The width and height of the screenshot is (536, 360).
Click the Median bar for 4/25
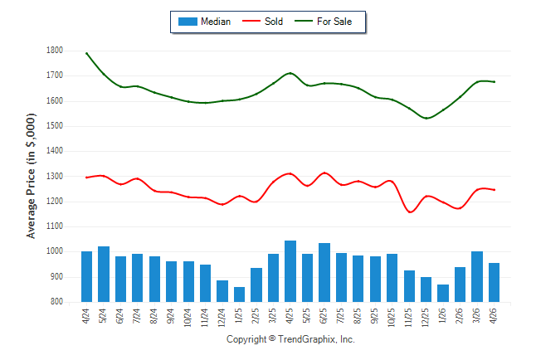pyautogui.click(x=290, y=271)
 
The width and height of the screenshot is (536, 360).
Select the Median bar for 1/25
pyautogui.click(x=239, y=294)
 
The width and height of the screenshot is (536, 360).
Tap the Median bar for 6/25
pyautogui.click(x=324, y=272)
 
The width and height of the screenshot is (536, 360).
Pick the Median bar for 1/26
pyautogui.click(x=443, y=293)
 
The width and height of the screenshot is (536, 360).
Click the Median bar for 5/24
pyautogui.click(x=104, y=275)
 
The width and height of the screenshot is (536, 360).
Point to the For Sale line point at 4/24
pyautogui.click(x=86, y=53)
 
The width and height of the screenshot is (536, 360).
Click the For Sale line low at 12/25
pyautogui.click(x=426, y=119)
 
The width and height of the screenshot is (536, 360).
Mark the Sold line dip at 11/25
pyautogui.click(x=410, y=212)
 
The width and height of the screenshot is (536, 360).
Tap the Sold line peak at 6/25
pyautogui.click(x=324, y=173)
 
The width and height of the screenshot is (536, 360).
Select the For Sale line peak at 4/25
pyautogui.click(x=290, y=73)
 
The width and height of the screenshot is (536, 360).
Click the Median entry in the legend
pyautogui.click(x=204, y=22)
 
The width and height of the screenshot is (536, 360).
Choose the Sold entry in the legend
pyautogui.click(x=262, y=22)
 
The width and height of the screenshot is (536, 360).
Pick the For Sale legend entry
pyautogui.click(x=323, y=22)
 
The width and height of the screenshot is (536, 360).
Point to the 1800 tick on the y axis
pyautogui.click(x=55, y=51)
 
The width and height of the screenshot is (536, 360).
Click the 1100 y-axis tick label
pyautogui.click(x=55, y=226)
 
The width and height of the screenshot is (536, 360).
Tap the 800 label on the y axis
pyautogui.click(x=56, y=302)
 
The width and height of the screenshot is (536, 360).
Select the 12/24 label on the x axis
pyautogui.click(x=222, y=318)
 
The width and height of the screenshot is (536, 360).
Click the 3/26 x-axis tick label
pyautogui.click(x=476, y=315)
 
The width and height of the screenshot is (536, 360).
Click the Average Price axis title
pyautogui.click(x=31, y=176)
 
